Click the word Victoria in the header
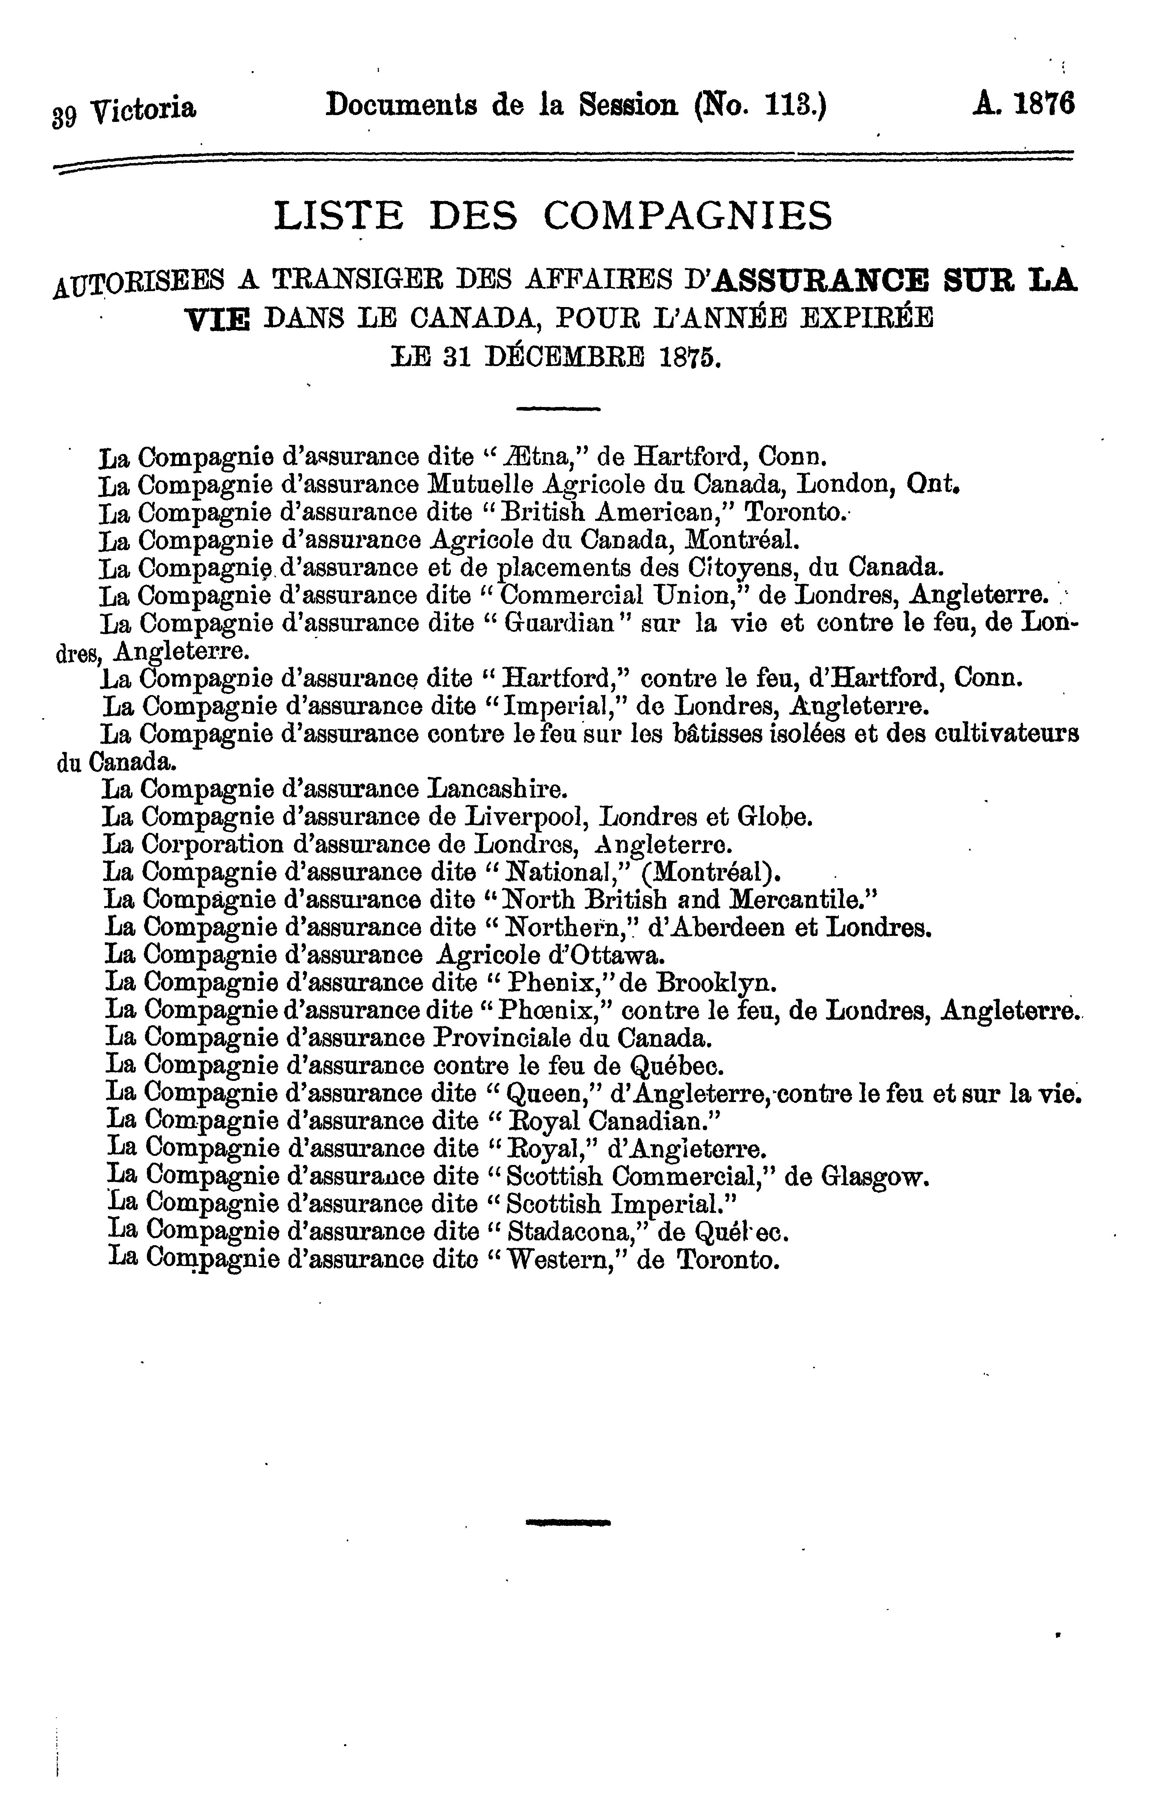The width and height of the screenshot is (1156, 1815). pos(143,110)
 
